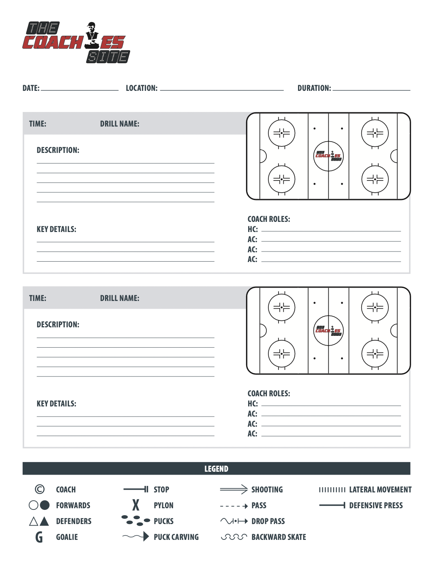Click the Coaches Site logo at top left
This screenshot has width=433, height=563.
click(76, 43)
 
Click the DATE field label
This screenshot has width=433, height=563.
click(31, 88)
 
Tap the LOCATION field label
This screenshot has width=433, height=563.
click(141, 88)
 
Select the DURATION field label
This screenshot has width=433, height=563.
click(314, 88)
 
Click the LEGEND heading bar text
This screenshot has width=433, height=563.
click(216, 469)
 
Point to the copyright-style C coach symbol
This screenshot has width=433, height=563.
click(40, 489)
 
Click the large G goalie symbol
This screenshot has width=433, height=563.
click(39, 537)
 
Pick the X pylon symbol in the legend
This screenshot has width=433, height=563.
click(136, 505)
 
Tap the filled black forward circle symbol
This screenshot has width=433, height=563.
click(45, 505)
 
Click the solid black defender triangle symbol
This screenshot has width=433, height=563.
click(44, 521)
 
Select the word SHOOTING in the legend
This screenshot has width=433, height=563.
click(267, 490)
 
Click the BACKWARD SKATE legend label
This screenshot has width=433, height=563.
click(279, 537)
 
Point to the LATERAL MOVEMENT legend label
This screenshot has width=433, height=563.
click(380, 490)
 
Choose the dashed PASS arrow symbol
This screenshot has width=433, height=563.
click(234, 506)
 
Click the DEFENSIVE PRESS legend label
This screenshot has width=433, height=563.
click(376, 505)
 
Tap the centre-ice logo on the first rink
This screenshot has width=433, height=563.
click(328, 156)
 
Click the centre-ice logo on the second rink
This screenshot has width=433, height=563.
click(328, 331)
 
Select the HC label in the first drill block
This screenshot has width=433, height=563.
click(253, 229)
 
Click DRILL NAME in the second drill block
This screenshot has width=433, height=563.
click(120, 298)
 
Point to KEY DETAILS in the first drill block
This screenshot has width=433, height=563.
click(56, 229)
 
